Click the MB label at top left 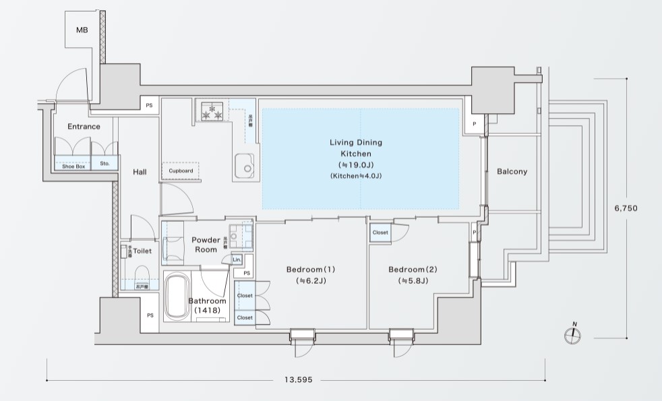click(x=82, y=30)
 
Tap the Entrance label click(x=84, y=127)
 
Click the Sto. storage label click(x=105, y=163)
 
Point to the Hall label click(x=140, y=173)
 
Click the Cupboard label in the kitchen click(x=181, y=171)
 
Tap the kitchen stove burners click(x=212, y=111)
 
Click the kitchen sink click(x=243, y=164)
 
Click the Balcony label click(x=512, y=172)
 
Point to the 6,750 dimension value click(x=626, y=208)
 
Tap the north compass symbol click(x=573, y=335)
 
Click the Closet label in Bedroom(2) click(x=380, y=233)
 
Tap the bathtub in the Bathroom click(x=178, y=296)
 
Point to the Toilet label click(x=142, y=251)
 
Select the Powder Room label click(x=205, y=245)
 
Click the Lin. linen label click(x=237, y=259)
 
